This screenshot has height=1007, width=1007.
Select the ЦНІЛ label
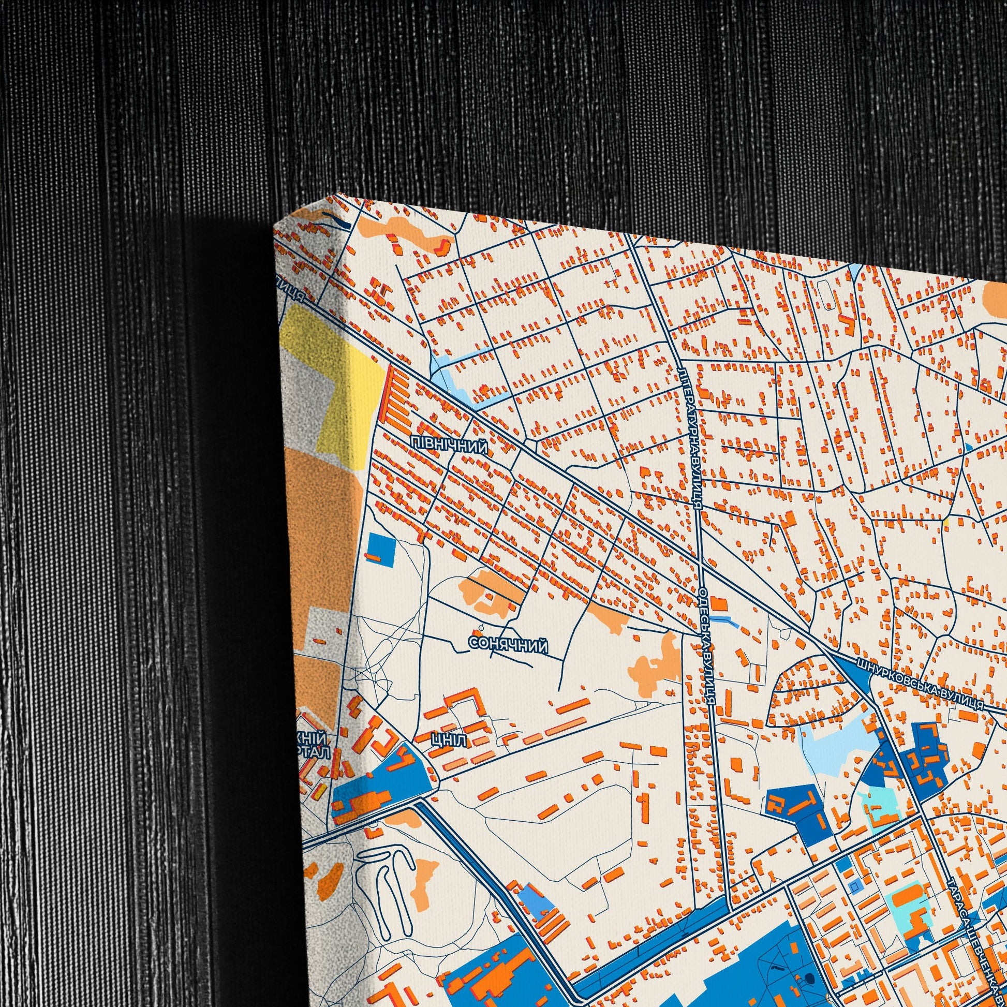449,741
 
